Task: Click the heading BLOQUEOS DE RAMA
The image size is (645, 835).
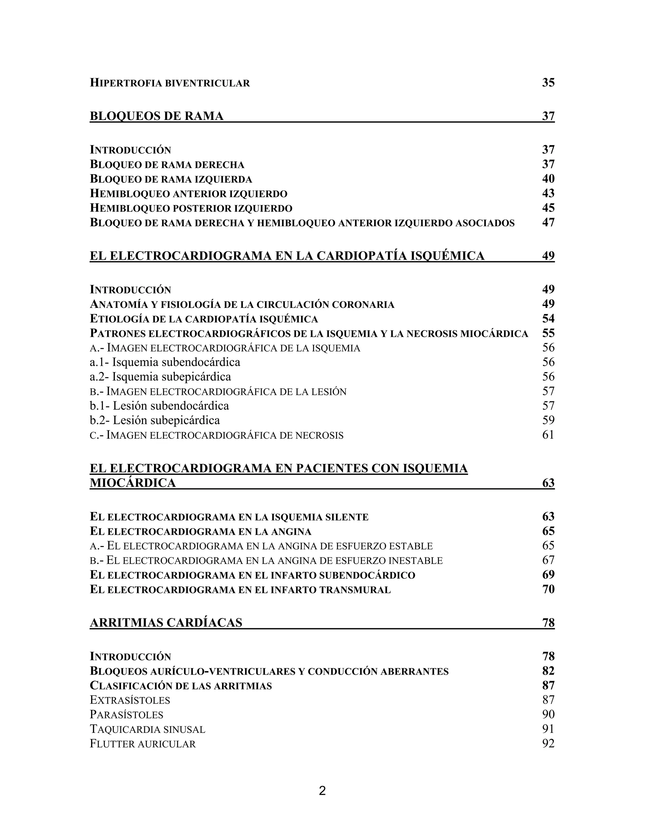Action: coord(156,116)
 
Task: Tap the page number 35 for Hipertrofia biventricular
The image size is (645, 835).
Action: coord(548,83)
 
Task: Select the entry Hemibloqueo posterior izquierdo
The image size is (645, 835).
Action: coord(191,208)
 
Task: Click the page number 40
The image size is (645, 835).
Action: coord(548,179)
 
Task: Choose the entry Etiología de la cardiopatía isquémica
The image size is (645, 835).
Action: coord(204,319)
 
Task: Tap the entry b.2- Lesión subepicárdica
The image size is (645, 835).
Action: coord(155,420)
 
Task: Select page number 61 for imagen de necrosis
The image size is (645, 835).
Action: coord(548,435)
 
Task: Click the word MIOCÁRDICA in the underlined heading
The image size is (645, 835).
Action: coord(133,483)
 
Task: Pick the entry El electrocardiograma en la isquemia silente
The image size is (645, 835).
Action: coord(229,517)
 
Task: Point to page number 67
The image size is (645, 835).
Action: coord(548,560)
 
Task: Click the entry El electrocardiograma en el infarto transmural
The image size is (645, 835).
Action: coord(240,590)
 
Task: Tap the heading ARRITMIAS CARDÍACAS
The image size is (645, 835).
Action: coord(166,622)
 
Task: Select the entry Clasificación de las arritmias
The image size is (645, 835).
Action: coord(181,686)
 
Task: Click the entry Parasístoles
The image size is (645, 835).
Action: coord(127,714)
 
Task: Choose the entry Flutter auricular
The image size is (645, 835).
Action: coord(143,744)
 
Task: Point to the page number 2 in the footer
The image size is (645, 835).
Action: coord(322,791)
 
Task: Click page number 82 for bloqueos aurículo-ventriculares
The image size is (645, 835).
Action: coord(548,671)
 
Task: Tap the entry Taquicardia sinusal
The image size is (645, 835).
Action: coord(147,729)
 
